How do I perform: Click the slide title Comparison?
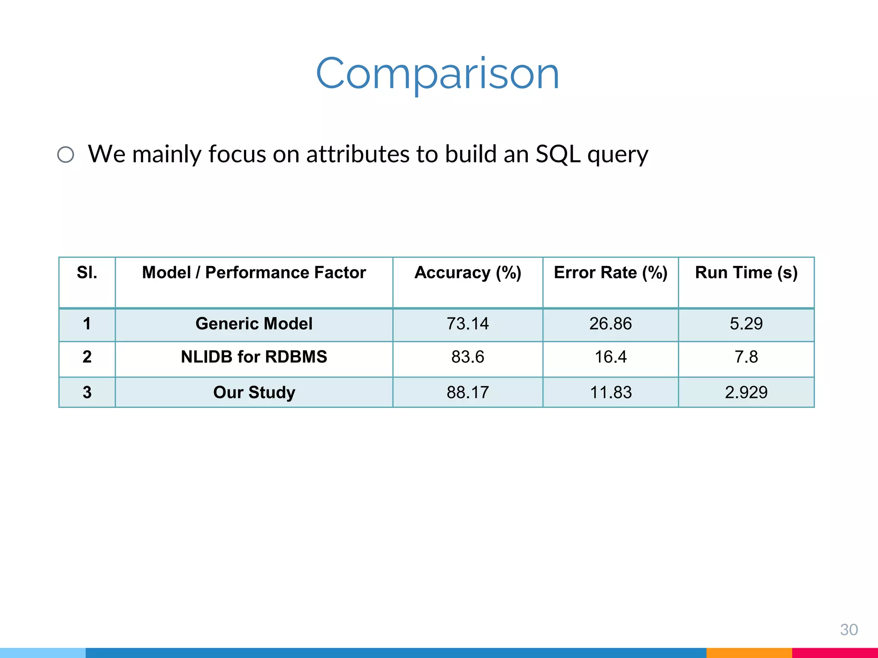tap(438, 74)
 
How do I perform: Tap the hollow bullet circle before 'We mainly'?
tap(66, 155)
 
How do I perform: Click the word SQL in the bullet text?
tap(558, 154)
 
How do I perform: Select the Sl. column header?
tap(87, 273)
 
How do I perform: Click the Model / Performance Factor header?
tap(254, 273)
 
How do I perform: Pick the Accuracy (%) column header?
tap(468, 273)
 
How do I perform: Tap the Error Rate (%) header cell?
tap(610, 273)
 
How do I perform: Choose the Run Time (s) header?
tap(746, 273)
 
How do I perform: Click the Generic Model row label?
tap(254, 324)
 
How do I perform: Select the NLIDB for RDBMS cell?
tap(254, 357)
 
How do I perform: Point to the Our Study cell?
tap(254, 392)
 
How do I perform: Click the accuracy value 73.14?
tap(468, 324)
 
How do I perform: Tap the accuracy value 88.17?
tap(468, 392)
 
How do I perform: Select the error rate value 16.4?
tap(610, 357)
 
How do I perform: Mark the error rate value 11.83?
tap(610, 392)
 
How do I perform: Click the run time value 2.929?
tap(746, 392)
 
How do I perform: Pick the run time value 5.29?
tap(746, 324)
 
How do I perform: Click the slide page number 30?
tap(848, 629)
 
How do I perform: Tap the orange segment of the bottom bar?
tap(749, 653)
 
